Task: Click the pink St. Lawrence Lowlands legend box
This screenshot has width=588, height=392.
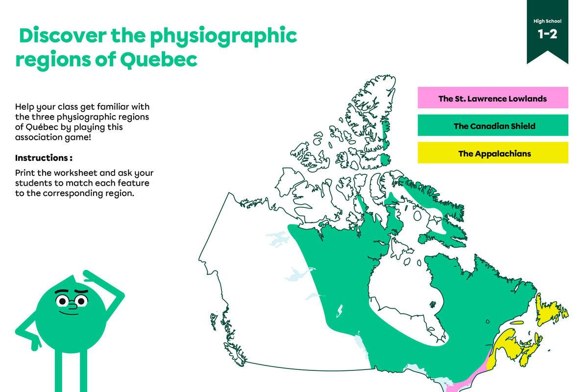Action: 492,98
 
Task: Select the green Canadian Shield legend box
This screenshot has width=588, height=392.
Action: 492,126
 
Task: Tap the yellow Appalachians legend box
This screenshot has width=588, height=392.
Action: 492,153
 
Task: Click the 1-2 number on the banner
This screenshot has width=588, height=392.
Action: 547,34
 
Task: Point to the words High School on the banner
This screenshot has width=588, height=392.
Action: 547,21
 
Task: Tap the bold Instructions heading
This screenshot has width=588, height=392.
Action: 44,158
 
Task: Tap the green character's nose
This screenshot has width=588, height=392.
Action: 72,307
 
